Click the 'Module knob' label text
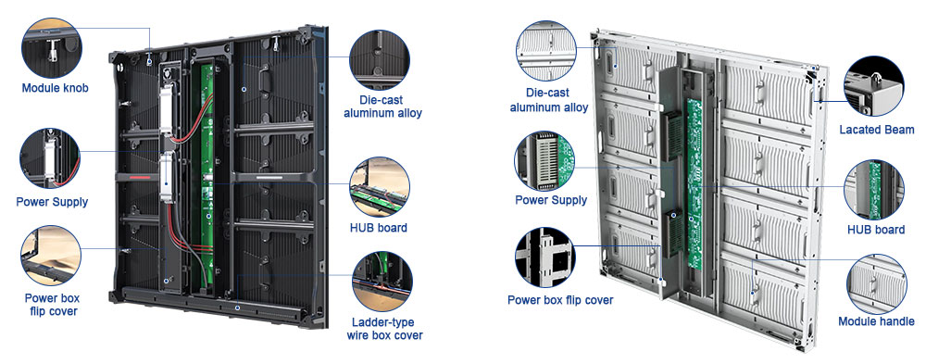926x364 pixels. tap(55, 88)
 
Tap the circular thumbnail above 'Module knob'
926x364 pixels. tap(51, 48)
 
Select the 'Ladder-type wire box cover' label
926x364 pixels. tap(382, 329)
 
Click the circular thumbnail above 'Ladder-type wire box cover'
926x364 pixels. tap(382, 281)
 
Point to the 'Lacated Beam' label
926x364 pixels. tap(876, 130)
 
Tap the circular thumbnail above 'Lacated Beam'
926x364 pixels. tap(874, 86)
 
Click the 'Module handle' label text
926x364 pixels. tap(876, 321)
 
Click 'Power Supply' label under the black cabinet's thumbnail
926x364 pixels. tap(52, 202)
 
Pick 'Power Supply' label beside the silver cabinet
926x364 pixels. tap(551, 200)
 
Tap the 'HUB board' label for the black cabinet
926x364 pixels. tap(379, 228)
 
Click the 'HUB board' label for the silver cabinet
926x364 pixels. tap(876, 230)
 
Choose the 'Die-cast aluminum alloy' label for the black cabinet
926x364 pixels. tap(382, 106)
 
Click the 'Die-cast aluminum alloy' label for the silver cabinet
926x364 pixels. tap(548, 100)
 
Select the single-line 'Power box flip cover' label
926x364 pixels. tap(560, 300)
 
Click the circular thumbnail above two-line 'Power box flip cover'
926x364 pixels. tap(51, 256)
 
